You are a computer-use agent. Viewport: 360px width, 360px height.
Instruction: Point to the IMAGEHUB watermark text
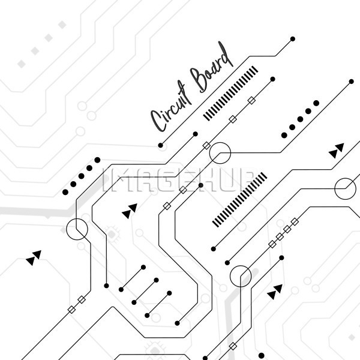(x=178, y=179)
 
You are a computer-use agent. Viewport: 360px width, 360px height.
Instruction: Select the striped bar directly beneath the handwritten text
(x=230, y=94)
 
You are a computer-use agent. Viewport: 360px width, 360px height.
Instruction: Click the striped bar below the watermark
(x=239, y=200)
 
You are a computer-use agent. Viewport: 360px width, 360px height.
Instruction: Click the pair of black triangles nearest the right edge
(x=337, y=151)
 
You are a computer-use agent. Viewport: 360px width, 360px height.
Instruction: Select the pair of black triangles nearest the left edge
(x=34, y=258)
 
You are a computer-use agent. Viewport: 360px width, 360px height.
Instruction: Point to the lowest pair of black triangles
(x=275, y=292)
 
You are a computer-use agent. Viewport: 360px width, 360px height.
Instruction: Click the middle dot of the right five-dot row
(x=300, y=119)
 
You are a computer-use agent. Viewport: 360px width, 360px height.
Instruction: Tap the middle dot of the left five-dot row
(x=81, y=176)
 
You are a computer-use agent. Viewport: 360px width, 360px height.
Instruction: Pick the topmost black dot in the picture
(x=293, y=39)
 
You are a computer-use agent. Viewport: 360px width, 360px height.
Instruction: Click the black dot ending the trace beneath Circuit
(x=160, y=145)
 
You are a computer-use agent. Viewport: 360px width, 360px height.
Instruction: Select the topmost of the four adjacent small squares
(x=295, y=222)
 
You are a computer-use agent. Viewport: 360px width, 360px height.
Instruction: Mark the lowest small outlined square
(x=233, y=346)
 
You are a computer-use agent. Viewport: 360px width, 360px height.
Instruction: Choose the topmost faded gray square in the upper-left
(x=62, y=25)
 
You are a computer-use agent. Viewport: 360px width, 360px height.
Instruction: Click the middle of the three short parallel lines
(x=145, y=292)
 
